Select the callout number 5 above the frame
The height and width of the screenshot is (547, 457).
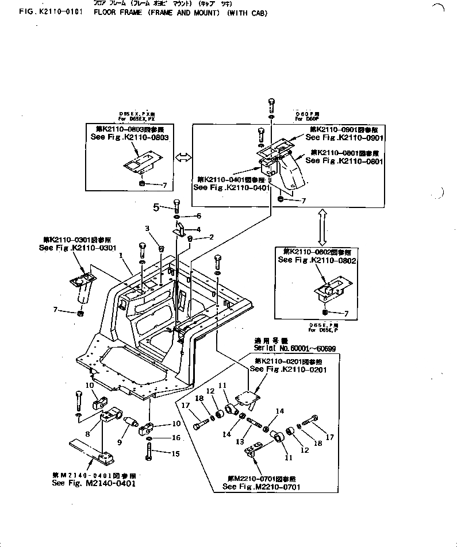pyautogui.click(x=156, y=206)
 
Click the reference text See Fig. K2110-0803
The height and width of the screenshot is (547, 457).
pyautogui.click(x=129, y=138)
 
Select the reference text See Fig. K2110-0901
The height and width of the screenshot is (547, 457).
pyautogui.click(x=345, y=138)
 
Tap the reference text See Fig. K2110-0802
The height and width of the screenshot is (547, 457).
pyautogui.click(x=317, y=260)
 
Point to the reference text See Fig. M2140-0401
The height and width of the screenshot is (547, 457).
pyautogui.click(x=94, y=484)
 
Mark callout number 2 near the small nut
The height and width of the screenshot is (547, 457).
pyautogui.click(x=212, y=237)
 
